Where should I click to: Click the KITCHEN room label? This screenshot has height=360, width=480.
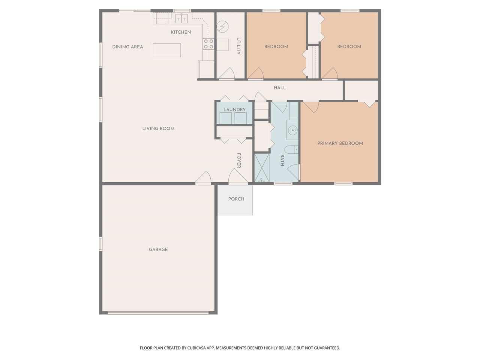181,32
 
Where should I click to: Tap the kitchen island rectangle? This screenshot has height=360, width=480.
166,50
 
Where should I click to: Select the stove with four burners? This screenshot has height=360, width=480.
208,44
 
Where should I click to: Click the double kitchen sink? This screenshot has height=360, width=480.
182,18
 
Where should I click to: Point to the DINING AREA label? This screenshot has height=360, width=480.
127,47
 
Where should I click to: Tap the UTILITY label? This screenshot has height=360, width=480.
238,46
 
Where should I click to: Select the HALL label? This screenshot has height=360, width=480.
279,88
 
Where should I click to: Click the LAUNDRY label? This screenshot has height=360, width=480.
234,109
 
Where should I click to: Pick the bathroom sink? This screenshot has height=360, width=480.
292,130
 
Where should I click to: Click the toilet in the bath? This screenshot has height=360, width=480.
292,150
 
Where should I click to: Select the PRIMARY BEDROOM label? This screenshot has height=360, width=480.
340,143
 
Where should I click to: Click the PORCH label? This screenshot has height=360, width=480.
236,199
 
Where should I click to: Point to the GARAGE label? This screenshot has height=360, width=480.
158,249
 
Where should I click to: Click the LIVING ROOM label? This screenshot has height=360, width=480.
158,129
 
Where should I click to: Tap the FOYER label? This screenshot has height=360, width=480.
238,160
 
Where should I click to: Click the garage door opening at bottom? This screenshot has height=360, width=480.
158,312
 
